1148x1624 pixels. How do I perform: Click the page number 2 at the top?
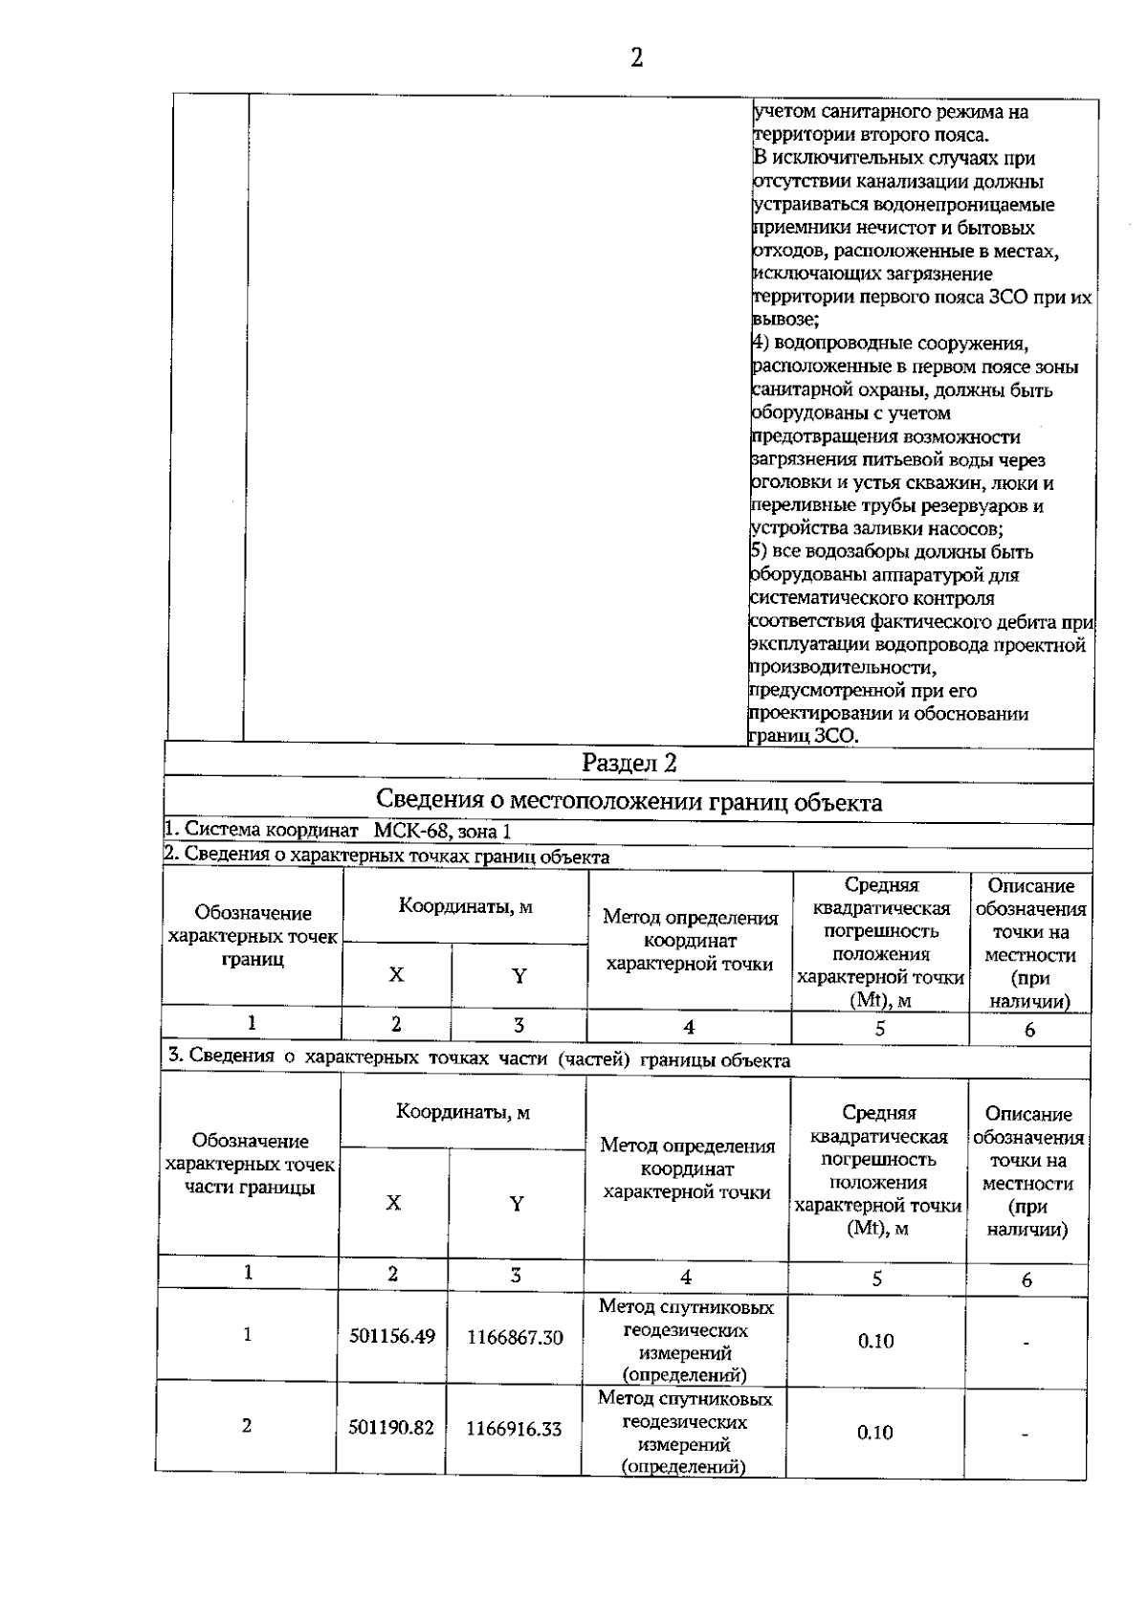tap(636, 58)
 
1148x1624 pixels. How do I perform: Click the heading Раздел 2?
tap(629, 764)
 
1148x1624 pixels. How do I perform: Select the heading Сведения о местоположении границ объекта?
tap(629, 801)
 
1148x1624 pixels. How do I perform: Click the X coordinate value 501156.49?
tap(392, 1336)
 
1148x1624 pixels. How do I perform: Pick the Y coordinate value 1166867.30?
tap(515, 1338)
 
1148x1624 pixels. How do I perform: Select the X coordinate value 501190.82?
tap(391, 1428)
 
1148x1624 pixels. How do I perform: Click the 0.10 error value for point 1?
tap(875, 1341)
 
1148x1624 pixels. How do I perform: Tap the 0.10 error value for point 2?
tap(874, 1433)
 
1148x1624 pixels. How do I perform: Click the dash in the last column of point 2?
tap(1026, 1435)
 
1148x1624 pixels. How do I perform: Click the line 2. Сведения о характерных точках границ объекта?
tap(386, 856)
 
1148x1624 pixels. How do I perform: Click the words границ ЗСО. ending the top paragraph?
tap(804, 736)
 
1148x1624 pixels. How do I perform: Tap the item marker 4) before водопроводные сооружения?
tap(760, 344)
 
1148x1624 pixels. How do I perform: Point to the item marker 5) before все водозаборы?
tap(758, 552)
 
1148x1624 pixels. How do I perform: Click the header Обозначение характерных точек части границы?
tap(251, 1164)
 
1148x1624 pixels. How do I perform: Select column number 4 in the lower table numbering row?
tap(686, 1277)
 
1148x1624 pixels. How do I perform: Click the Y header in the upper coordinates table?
tap(519, 976)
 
